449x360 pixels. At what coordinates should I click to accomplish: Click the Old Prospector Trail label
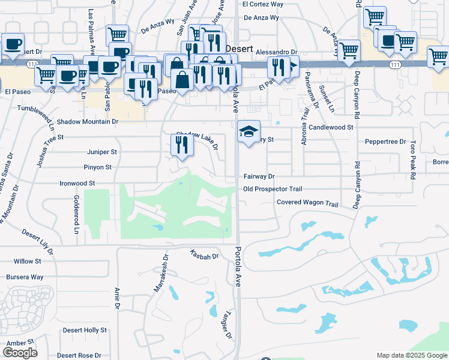point(273,189)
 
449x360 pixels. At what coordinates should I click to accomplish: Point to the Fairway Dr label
point(259,176)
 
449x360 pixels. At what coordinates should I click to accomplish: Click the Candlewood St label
point(331,128)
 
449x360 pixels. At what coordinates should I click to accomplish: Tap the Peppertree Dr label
point(386,142)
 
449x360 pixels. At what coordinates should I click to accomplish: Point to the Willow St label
point(28,262)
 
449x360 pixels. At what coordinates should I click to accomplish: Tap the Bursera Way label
point(25,277)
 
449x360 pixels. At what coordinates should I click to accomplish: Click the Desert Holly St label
point(85,330)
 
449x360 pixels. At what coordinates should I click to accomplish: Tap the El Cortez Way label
point(262,4)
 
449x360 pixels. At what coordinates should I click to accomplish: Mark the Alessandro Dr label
point(277,53)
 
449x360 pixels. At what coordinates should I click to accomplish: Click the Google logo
point(20,353)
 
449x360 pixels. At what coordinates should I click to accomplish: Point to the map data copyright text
point(411,355)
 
